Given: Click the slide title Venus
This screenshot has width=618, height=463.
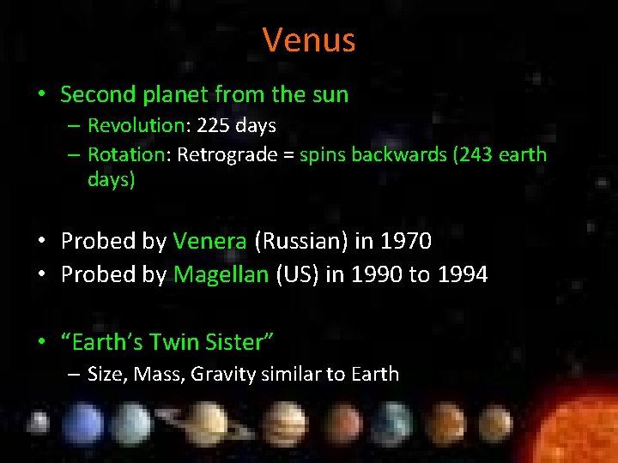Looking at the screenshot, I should click(x=308, y=39).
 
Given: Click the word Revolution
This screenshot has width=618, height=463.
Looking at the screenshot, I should click(x=136, y=126).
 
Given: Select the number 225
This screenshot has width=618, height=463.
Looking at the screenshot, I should click(x=214, y=126).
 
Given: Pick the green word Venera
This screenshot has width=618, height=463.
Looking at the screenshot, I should click(x=210, y=241).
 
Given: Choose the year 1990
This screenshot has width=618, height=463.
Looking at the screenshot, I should click(x=376, y=274).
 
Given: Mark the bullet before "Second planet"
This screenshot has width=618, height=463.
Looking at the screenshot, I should click(x=42, y=94).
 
